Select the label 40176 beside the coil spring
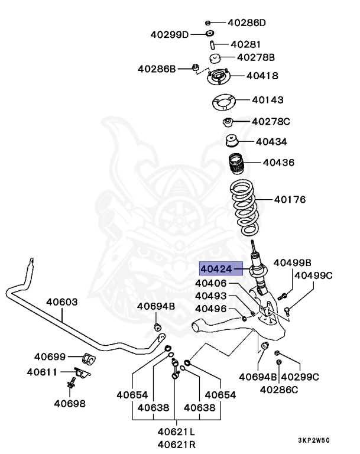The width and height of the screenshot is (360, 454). (290, 200)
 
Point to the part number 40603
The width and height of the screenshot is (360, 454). (62, 302)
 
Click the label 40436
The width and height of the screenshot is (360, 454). (278, 162)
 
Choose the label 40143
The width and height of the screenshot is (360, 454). (268, 100)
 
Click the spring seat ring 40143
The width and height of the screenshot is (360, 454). (224, 102)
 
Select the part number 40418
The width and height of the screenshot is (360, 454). (262, 76)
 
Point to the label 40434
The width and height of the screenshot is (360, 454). (271, 142)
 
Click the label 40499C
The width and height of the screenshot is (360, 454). (313, 275)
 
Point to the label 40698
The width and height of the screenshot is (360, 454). (69, 404)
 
